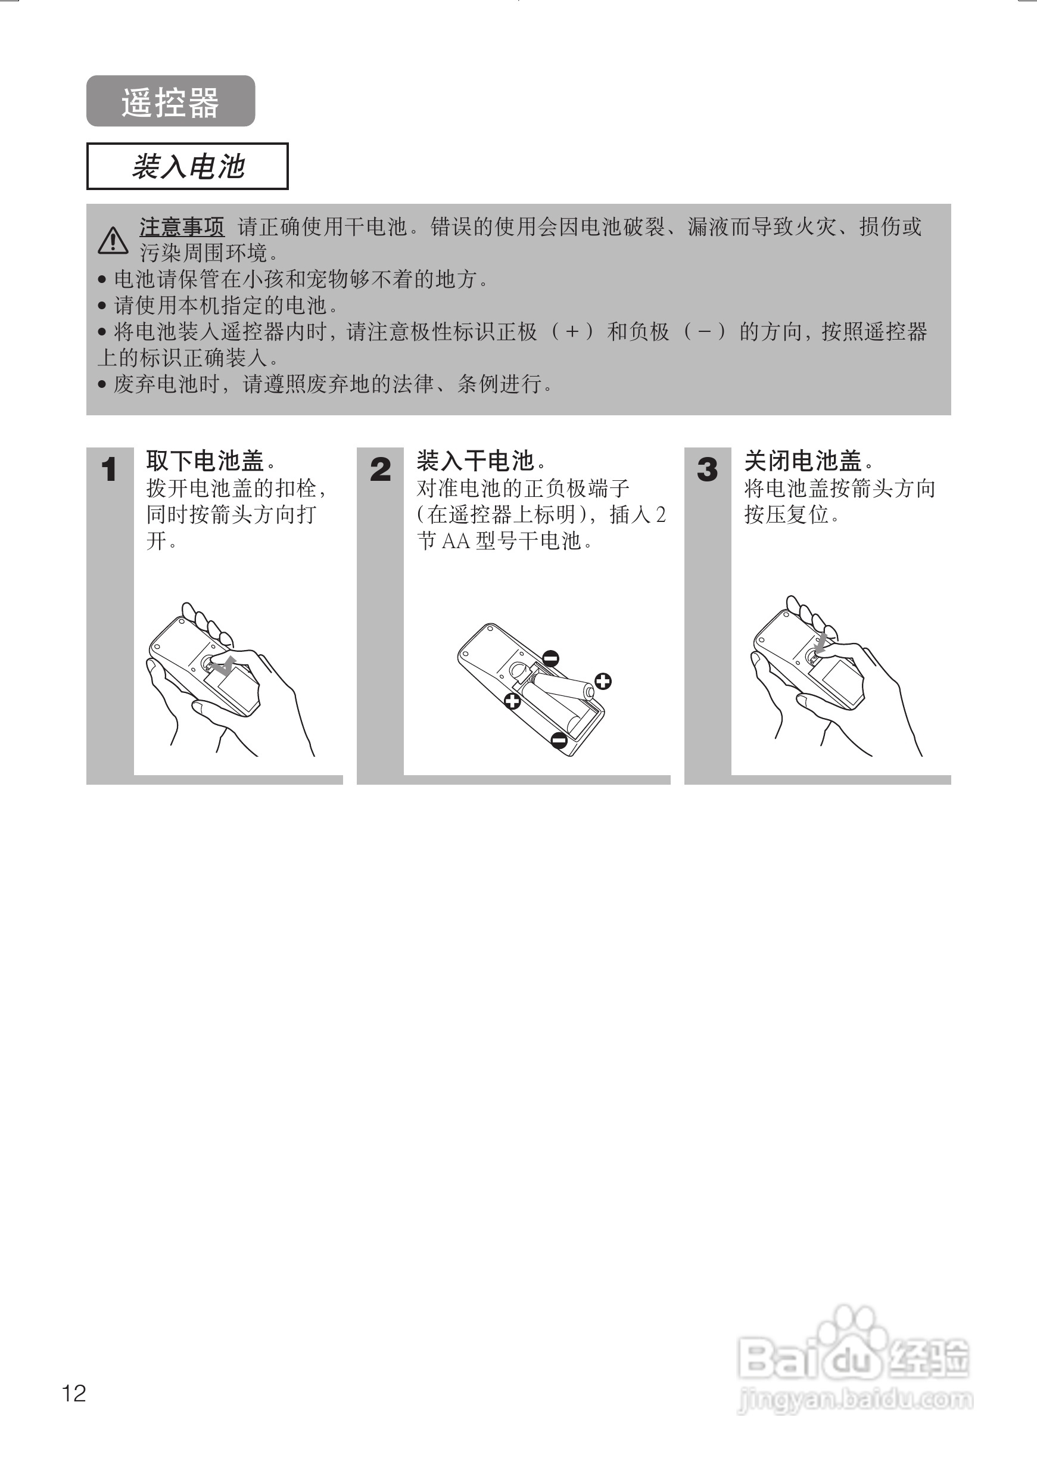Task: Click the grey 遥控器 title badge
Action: coord(170,101)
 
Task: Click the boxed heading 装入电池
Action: coord(187,167)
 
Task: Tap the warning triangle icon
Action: coord(113,240)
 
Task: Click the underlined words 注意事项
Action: coord(182,227)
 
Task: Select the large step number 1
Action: coord(108,470)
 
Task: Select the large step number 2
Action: coord(380,470)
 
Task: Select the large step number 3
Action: coord(707,470)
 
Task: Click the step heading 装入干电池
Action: coord(476,461)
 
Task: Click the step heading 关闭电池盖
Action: coord(804,461)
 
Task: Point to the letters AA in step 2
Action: coord(456,542)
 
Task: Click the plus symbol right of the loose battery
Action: coord(603,682)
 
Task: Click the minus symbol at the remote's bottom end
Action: coord(559,740)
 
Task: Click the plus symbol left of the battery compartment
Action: coord(512,701)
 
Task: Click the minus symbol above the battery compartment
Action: coord(551,658)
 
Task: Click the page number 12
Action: coord(74,1393)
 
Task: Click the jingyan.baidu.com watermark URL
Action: coord(856,1399)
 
